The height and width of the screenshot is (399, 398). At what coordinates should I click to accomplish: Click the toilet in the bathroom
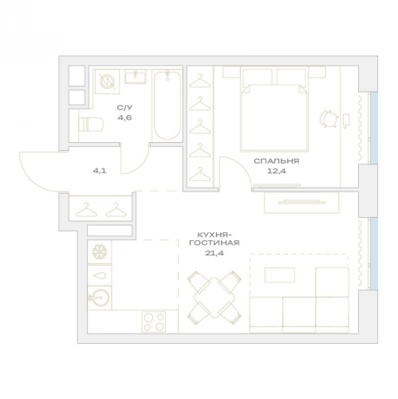coord(91,124)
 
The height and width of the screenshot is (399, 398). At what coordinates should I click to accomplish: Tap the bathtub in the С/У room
coord(167,105)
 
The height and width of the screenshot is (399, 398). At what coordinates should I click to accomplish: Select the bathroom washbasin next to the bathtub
coord(135,77)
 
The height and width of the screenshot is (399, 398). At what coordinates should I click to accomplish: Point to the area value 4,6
coord(124,117)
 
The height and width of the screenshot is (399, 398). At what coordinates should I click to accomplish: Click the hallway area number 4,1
coord(100,171)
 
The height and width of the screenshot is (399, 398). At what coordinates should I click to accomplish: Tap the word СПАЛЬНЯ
coord(277,161)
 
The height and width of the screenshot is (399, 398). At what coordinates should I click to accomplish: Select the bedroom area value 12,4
coord(277,171)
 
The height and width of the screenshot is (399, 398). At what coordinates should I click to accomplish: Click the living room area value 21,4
coord(215,253)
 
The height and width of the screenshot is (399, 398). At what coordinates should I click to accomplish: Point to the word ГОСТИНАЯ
coord(215,243)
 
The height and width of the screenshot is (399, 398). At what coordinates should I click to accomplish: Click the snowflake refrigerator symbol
coord(100,252)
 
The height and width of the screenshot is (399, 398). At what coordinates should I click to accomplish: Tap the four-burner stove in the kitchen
coord(153,322)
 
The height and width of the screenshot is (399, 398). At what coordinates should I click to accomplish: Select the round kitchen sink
coord(100,297)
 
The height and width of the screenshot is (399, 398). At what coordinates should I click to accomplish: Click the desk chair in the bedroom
coord(329,119)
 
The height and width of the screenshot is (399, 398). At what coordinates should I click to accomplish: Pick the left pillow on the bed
coord(257,77)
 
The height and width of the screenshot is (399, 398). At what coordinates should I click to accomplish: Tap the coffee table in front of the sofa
coord(280,275)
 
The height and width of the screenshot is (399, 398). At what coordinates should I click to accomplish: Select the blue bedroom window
coord(374,128)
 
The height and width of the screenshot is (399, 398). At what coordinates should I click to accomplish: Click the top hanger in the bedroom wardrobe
coord(199,81)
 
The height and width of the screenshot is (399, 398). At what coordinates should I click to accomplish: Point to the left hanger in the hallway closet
coord(86,210)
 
